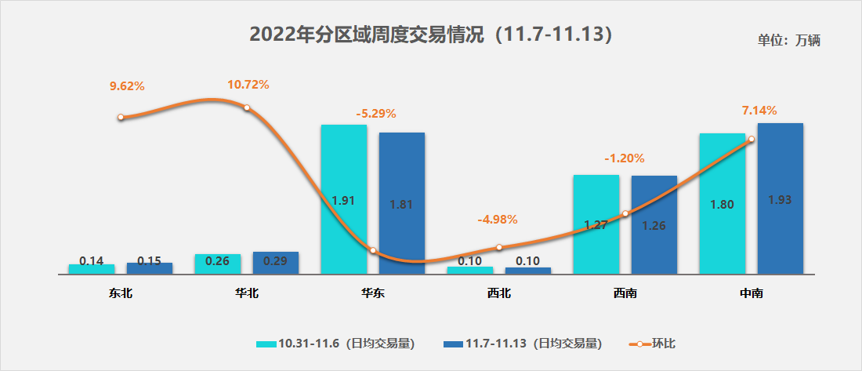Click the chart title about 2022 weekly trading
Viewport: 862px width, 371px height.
pos(430,35)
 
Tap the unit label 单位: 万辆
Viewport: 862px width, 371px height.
pos(788,41)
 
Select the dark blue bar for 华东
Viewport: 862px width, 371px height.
pos(402,203)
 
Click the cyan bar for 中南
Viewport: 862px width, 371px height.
pos(722,203)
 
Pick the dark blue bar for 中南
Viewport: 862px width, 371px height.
pos(780,198)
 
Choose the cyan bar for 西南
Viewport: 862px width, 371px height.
pos(596,224)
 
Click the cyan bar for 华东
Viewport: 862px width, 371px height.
pos(343,199)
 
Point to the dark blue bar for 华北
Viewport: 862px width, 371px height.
pos(276,263)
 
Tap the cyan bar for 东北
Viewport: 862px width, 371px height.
pos(92,269)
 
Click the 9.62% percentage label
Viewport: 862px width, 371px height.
pos(128,85)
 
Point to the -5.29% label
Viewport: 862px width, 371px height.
pos(376,113)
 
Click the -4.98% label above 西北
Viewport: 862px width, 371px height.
pos(498,219)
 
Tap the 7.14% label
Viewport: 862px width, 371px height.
pos(759,111)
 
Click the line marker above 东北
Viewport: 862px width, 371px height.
pos(121,118)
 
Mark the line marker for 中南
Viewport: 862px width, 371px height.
pos(752,140)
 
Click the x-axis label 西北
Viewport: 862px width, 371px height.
pos(498,294)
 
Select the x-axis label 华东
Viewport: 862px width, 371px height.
pos(373,294)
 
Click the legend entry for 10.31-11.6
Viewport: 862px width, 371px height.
pos(335,343)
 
